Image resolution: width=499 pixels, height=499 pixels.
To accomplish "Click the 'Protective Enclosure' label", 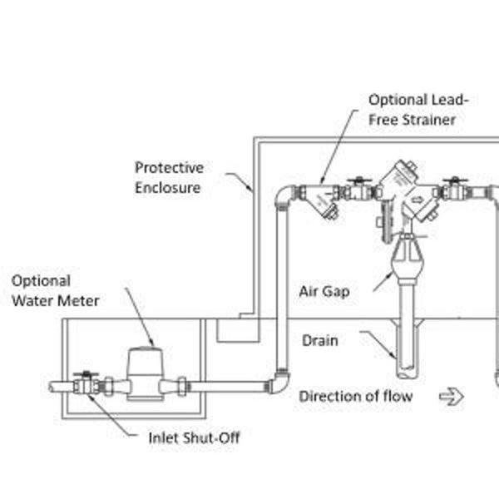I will tap(169, 177).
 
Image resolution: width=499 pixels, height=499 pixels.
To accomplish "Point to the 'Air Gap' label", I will tap(324, 292).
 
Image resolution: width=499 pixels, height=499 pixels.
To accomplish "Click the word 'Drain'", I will tap(319, 341).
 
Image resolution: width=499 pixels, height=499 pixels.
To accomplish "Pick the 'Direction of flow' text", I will tap(356, 396).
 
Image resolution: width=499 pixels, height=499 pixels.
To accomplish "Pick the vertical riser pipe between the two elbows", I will tap(281, 291).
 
